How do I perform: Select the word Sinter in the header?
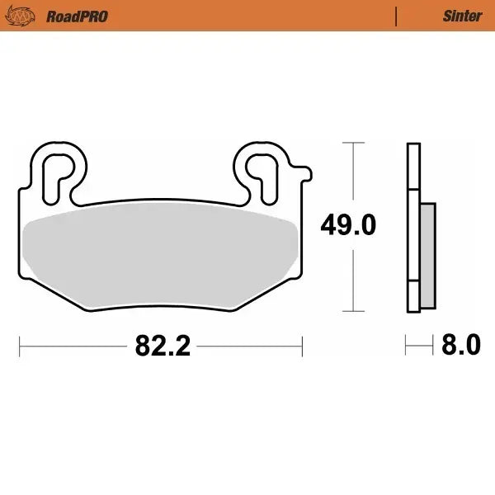(463, 16)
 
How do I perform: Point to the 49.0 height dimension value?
(348, 224)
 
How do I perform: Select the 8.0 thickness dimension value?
(461, 345)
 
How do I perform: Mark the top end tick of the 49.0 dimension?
(353, 143)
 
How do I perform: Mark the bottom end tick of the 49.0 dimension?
(353, 312)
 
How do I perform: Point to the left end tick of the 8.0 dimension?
(407, 345)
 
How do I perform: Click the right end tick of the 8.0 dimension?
(434, 345)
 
